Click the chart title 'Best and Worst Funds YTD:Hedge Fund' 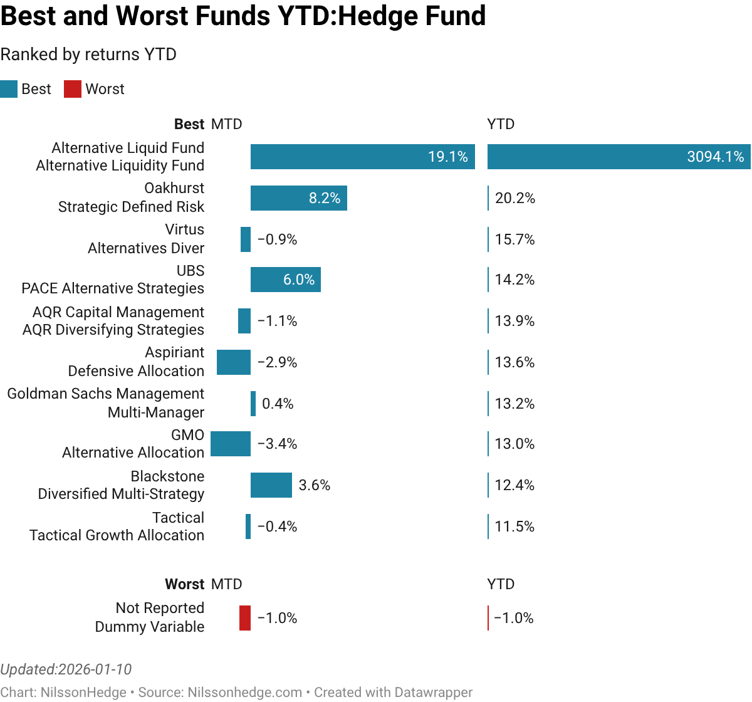[x=243, y=16]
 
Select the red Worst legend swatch [x=73, y=89]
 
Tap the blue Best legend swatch [x=9, y=89]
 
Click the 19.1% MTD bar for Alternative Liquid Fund [x=362, y=157]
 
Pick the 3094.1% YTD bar [x=619, y=157]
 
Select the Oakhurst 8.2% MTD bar [x=298, y=198]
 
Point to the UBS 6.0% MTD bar [x=285, y=280]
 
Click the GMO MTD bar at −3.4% [x=231, y=444]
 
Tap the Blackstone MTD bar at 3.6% [x=271, y=485]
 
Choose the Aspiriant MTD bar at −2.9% [x=234, y=362]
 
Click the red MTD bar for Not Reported [x=245, y=618]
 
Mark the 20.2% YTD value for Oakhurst [x=515, y=198]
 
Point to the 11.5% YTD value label [x=514, y=526]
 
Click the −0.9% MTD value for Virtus [x=277, y=239]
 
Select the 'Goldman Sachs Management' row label [x=105, y=394]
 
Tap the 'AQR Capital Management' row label [x=118, y=312]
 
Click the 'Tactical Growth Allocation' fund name [x=117, y=535]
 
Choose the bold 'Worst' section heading [x=184, y=584]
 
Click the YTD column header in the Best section [x=501, y=124]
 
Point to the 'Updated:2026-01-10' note [x=66, y=669]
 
